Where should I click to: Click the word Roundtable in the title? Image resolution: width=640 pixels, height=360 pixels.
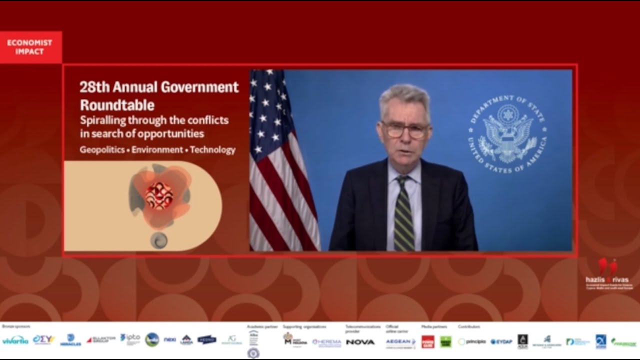click(x=117, y=105)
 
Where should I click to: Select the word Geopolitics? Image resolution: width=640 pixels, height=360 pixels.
click(x=102, y=149)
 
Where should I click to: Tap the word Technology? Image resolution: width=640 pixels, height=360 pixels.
click(x=212, y=149)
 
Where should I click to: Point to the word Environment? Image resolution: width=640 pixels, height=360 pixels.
click(x=157, y=149)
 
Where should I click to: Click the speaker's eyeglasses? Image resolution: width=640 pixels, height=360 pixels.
click(x=405, y=130)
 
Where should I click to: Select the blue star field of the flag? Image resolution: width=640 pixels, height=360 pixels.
click(x=267, y=110)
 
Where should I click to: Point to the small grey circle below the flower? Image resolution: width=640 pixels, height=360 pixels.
click(x=159, y=240)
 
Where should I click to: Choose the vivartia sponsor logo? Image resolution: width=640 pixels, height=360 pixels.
click(x=15, y=341)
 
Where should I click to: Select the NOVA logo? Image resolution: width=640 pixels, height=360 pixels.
click(x=360, y=342)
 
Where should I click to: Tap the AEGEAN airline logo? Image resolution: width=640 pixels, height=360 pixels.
click(x=400, y=341)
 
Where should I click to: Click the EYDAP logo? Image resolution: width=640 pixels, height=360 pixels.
click(x=501, y=342)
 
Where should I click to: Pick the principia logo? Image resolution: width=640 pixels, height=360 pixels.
click(x=472, y=342)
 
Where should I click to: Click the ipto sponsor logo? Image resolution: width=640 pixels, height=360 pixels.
click(x=130, y=338)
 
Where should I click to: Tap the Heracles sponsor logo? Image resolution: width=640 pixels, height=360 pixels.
click(x=70, y=340)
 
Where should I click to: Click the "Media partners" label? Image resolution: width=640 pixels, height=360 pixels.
click(x=434, y=327)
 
